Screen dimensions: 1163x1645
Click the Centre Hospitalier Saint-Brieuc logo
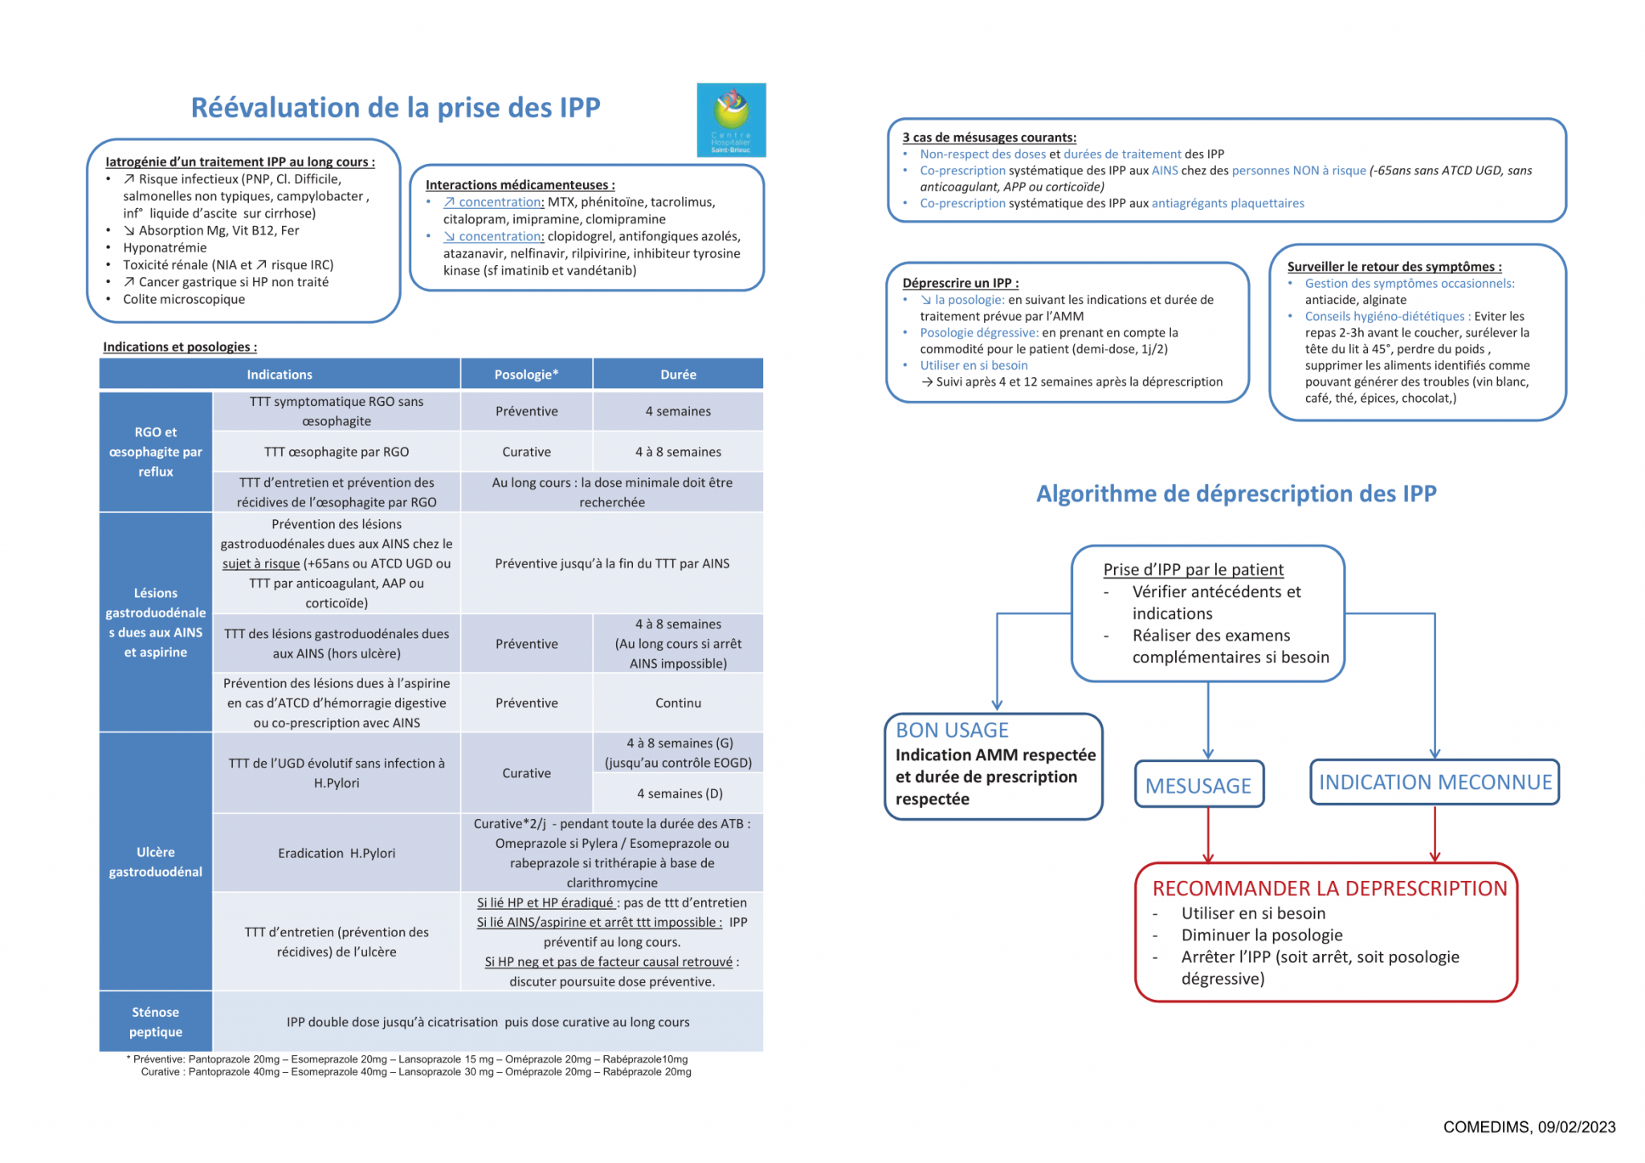click(731, 119)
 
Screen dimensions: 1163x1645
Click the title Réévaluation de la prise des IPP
click(395, 107)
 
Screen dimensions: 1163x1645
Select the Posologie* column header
click(526, 375)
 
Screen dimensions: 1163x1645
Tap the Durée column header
click(678, 375)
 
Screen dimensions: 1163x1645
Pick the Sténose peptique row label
click(156, 1022)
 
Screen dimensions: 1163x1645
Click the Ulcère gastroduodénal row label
click(156, 862)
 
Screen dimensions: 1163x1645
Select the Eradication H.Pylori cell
click(337, 853)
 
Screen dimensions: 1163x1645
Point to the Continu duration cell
click(678, 702)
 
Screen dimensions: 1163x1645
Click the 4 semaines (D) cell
click(680, 793)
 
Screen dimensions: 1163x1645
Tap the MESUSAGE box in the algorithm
click(1198, 784)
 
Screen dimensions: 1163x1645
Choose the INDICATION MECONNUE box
click(1435, 782)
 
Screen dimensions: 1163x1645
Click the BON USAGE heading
click(952, 730)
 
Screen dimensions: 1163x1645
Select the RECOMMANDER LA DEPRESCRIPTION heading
click(1329, 888)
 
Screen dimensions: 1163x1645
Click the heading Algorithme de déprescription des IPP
click(1236, 493)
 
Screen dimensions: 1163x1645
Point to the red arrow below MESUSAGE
click(1208, 836)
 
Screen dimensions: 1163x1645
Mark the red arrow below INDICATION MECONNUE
click(1435, 834)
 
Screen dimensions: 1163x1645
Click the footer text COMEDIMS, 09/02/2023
click(1529, 1127)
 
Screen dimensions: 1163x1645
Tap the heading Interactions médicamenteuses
click(520, 185)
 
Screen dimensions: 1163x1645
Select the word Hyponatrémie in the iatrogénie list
click(165, 248)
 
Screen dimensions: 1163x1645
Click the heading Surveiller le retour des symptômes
click(1394, 267)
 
